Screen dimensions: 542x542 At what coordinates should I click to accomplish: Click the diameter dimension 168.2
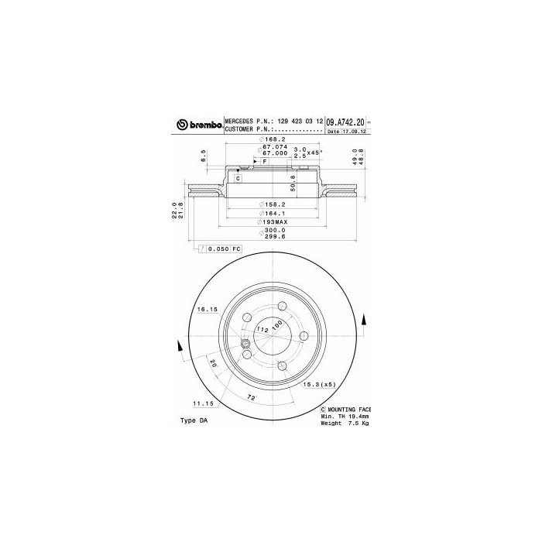271,139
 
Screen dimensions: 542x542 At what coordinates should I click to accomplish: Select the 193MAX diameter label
272,221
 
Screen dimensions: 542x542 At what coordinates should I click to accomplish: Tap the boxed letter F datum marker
265,161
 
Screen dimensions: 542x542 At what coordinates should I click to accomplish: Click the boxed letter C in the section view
238,178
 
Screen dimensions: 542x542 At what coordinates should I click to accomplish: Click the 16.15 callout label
205,310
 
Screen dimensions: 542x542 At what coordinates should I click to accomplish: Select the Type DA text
194,420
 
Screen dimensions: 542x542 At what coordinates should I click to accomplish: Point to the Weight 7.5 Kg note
345,424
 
